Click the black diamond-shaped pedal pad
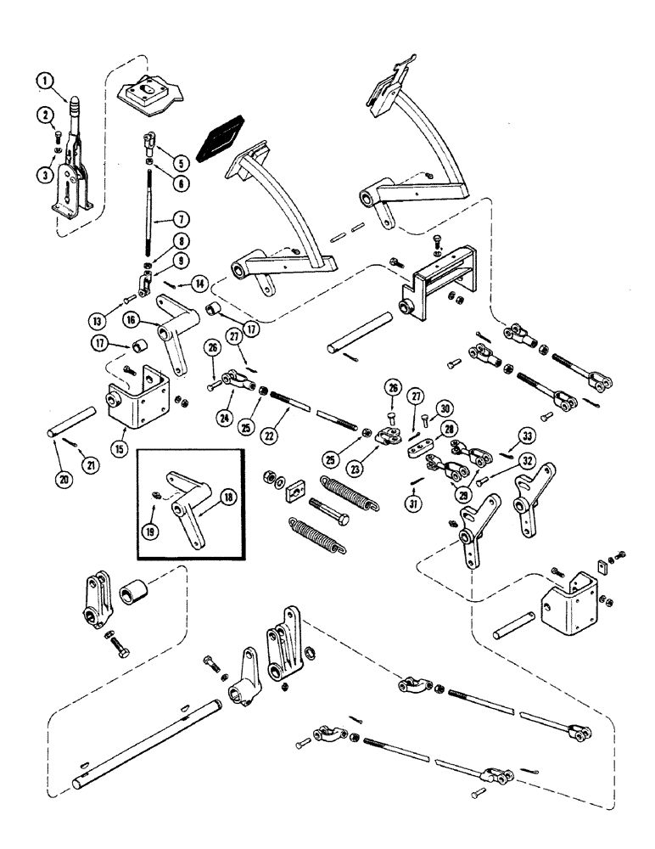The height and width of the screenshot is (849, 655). coord(220,137)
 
